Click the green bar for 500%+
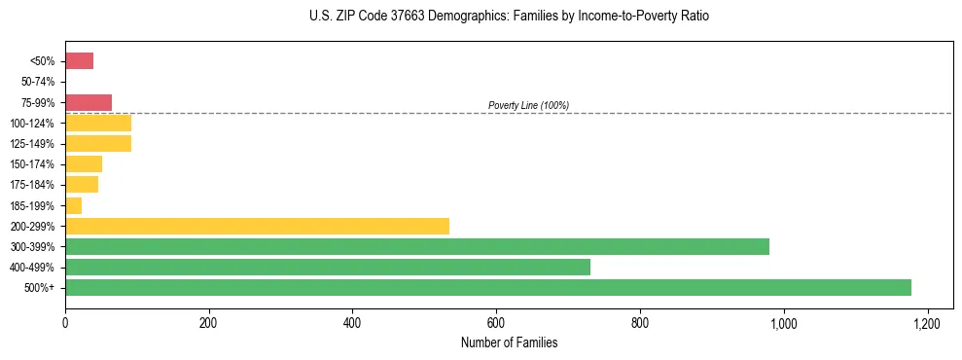click(487, 287)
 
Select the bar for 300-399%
click(416, 246)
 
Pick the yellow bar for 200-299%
click(257, 226)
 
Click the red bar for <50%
click(79, 61)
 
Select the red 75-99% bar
click(89, 102)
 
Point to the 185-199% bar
click(73, 205)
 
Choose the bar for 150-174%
click(84, 164)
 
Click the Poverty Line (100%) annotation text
click(528, 105)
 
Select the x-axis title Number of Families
click(509, 342)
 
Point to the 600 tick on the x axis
click(496, 323)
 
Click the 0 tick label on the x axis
click(65, 323)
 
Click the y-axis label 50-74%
click(37, 82)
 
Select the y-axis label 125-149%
click(34, 144)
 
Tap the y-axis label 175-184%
click(34, 185)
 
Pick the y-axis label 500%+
click(41, 288)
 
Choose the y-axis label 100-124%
click(34, 124)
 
